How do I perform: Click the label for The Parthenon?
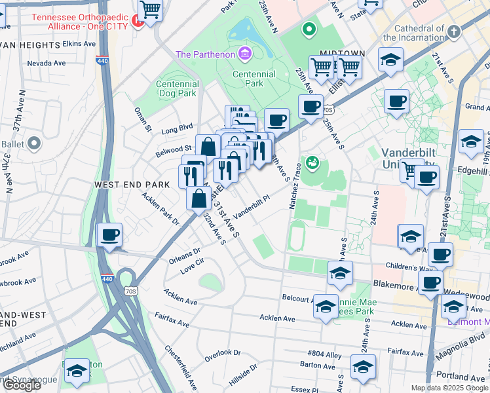(x=205, y=54)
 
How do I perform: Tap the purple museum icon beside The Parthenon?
(x=245, y=53)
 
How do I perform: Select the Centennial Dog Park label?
(x=177, y=88)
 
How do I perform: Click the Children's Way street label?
(x=409, y=268)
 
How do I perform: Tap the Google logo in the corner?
(x=21, y=385)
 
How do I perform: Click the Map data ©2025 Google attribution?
(x=449, y=388)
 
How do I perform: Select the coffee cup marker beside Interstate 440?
(x=110, y=235)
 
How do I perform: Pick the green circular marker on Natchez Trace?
(x=312, y=161)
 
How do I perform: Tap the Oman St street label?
(x=143, y=119)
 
